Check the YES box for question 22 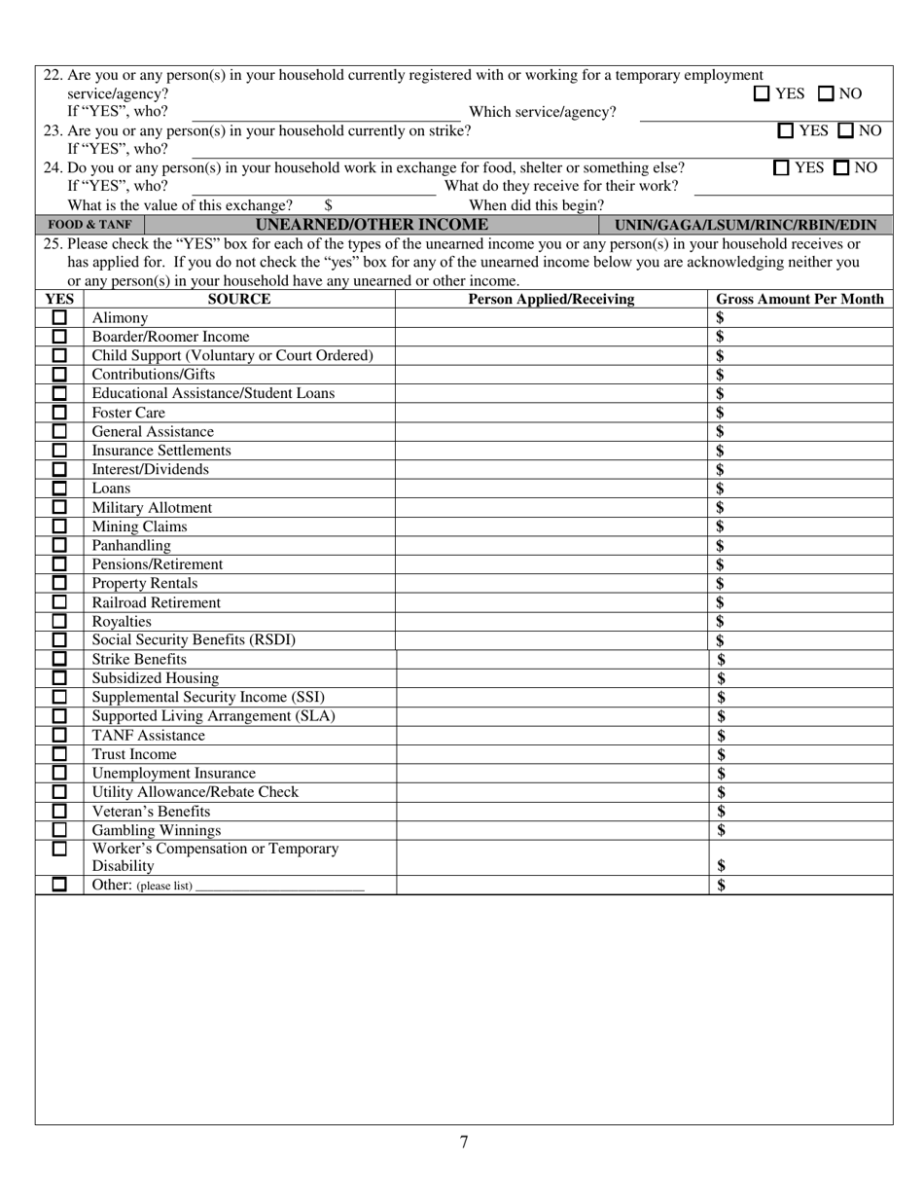[x=762, y=94]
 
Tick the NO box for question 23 [x=846, y=130]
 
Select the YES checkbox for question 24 [x=782, y=167]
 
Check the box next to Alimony [x=59, y=318]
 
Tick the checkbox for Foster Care [x=59, y=413]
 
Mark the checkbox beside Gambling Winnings [x=59, y=830]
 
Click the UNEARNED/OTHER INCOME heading [x=371, y=225]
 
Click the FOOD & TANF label [x=89, y=225]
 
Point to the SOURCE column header [x=239, y=300]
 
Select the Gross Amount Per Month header [x=800, y=300]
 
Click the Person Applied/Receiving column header [x=551, y=300]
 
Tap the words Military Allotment [x=152, y=508]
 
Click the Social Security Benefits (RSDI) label [x=194, y=640]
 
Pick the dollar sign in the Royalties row [x=720, y=622]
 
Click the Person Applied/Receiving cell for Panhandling [x=551, y=546]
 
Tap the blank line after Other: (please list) [x=280, y=887]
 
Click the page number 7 [x=464, y=1143]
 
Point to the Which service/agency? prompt [x=543, y=112]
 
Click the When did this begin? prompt [x=536, y=205]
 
